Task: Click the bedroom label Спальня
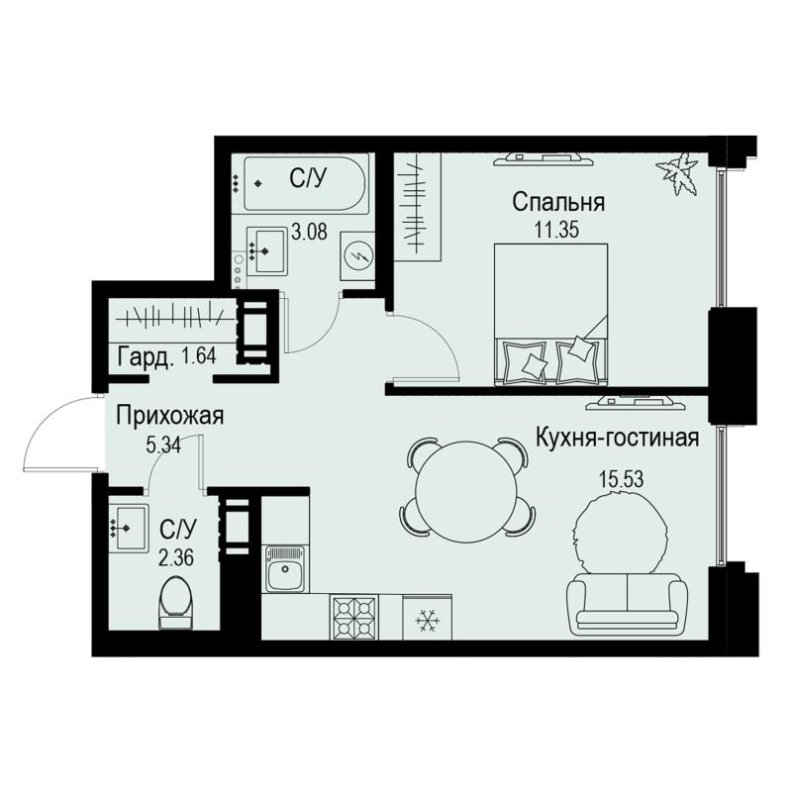558,203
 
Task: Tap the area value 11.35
556,230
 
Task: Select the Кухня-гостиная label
617,438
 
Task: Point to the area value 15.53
622,479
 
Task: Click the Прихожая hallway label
169,417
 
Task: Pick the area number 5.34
163,445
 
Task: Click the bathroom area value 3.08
310,233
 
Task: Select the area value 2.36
177,558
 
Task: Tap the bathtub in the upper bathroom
305,183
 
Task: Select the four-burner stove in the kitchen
354,617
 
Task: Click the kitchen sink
286,569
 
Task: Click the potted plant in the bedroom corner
678,175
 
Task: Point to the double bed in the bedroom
551,314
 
